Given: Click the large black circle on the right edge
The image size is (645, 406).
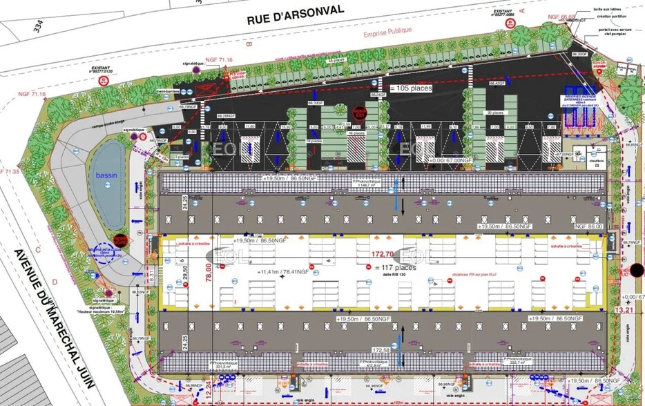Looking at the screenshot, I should click(636, 270).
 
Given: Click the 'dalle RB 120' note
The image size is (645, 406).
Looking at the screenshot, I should click(392, 274).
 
